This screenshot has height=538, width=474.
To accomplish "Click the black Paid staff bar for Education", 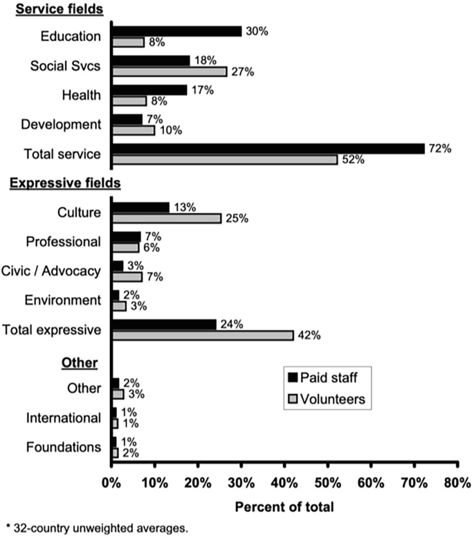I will tap(176, 31).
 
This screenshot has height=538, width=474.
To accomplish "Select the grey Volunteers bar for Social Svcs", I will tap(169, 71).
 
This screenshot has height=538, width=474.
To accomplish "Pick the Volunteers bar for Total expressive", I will tap(201, 336).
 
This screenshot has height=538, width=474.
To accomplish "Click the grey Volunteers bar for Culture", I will tap(166, 218).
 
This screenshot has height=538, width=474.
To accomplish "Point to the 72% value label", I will tap(441, 148).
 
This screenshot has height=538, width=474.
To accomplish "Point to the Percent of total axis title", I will tap(284, 506).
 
